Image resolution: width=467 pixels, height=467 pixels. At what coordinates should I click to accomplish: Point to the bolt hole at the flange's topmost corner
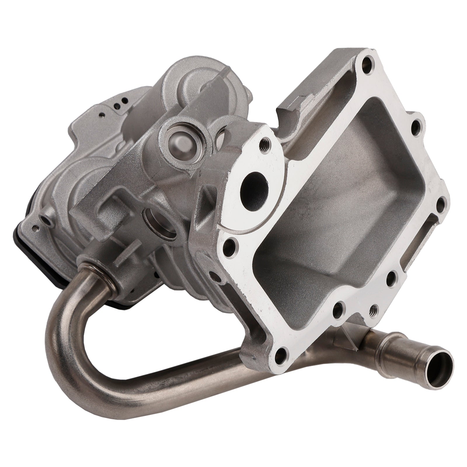click(x=366, y=63)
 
